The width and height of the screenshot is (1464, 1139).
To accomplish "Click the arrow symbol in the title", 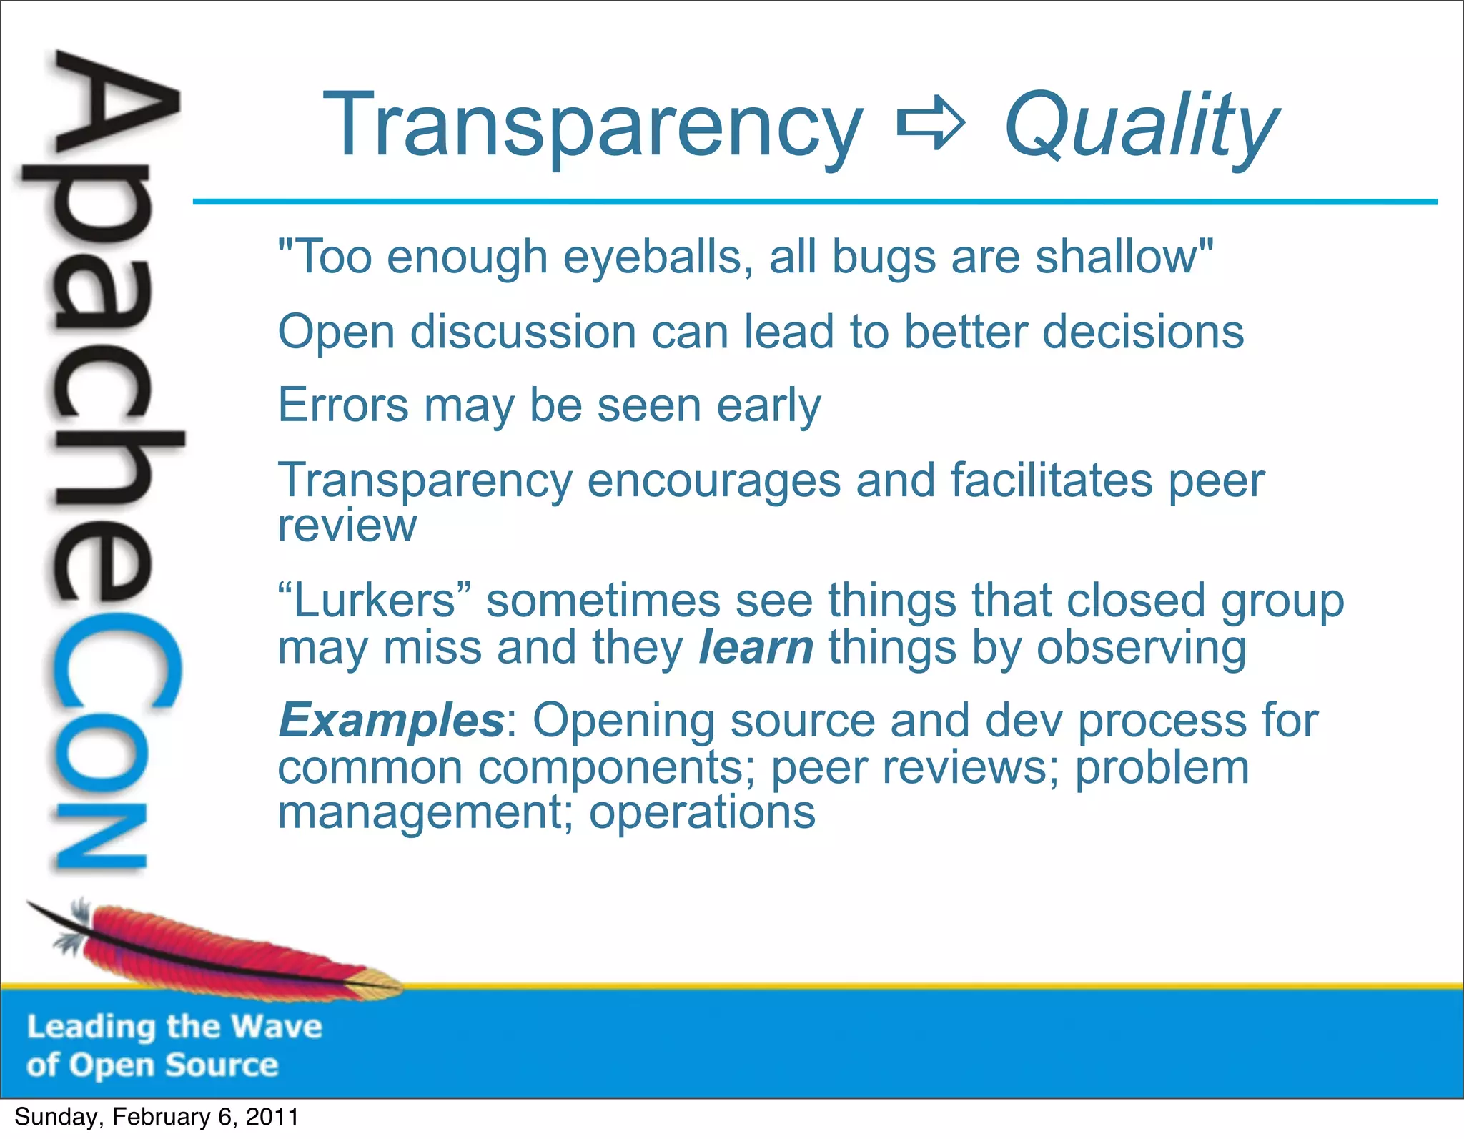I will [931, 126].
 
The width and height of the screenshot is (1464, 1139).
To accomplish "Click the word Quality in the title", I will [1141, 127].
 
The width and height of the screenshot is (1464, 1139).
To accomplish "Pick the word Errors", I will [342, 405].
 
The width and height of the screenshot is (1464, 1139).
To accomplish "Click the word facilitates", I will [1051, 480].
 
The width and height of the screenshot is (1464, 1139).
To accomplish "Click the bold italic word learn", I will [756, 647].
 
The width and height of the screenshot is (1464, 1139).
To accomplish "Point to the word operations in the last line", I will [702, 813].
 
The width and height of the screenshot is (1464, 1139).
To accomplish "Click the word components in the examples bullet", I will [610, 767].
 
